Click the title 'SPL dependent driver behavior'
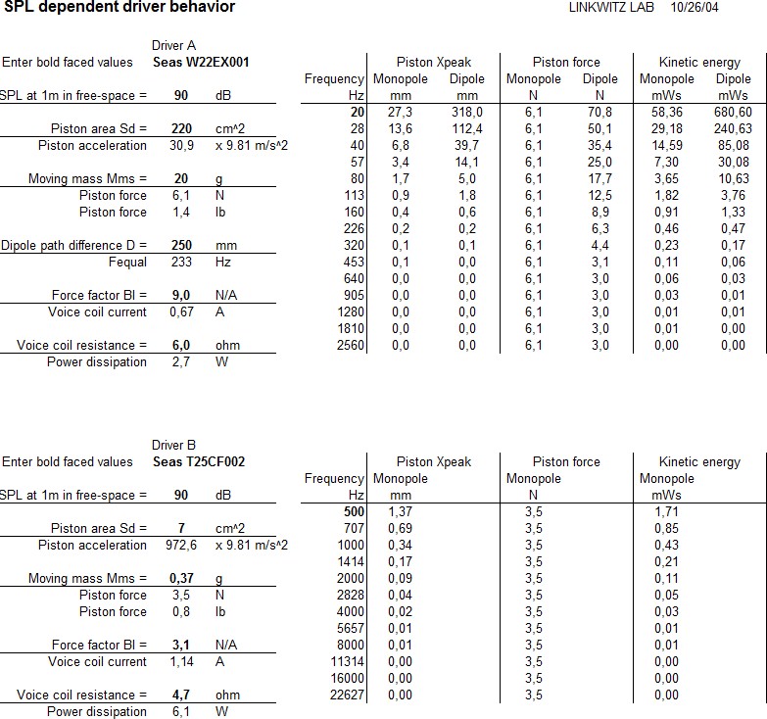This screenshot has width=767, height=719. (x=119, y=8)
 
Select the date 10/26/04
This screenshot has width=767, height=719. (x=695, y=8)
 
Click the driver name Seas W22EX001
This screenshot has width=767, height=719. (x=201, y=62)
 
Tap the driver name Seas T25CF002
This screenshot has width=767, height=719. (x=199, y=461)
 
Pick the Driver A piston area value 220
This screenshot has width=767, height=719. (x=181, y=128)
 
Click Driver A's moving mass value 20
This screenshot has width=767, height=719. (x=181, y=178)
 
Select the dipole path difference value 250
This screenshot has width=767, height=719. (x=181, y=245)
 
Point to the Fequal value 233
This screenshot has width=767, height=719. (x=181, y=262)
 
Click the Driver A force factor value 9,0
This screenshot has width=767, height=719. (x=181, y=295)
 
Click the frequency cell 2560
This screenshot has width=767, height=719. (x=350, y=345)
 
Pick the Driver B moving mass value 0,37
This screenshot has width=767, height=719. (x=181, y=578)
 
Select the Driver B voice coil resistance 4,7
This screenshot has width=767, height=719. (x=181, y=695)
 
